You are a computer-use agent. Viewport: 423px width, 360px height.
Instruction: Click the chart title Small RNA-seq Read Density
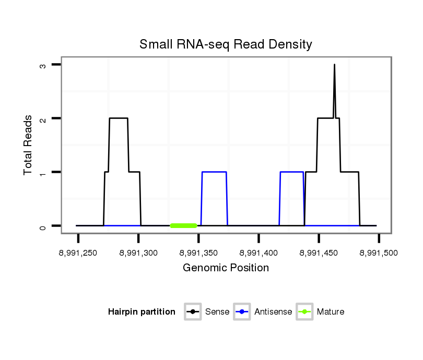[226, 44]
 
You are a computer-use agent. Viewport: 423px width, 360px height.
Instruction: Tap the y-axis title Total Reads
[29, 145]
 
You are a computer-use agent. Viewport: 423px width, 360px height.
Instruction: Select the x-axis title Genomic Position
[226, 268]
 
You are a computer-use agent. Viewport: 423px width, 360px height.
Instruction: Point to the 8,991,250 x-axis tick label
[78, 253]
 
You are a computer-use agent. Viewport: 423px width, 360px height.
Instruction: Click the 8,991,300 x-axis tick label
[138, 253]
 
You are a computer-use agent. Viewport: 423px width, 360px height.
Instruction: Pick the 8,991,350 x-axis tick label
[198, 253]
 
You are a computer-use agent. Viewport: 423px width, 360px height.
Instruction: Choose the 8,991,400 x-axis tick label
[258, 253]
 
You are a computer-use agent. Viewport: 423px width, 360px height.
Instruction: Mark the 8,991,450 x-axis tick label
[319, 253]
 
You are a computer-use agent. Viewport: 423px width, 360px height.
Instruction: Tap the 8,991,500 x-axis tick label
[379, 253]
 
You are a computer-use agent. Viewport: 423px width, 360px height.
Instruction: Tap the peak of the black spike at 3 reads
[334, 65]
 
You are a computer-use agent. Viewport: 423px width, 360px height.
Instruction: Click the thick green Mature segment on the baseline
[183, 225]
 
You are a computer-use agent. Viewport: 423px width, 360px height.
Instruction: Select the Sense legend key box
[193, 312]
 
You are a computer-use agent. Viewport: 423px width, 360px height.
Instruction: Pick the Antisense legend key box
[243, 312]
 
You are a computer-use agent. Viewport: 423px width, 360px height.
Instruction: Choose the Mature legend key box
[305, 312]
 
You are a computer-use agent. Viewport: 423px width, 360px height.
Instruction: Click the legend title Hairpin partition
[142, 312]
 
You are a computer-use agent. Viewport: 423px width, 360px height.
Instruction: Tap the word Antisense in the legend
[273, 312]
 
